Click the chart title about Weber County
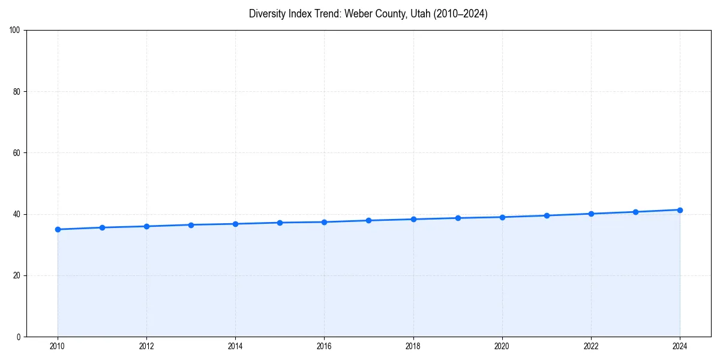tap(368, 14)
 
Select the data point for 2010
tap(58, 229)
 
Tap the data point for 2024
tap(680, 210)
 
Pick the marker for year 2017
tap(368, 220)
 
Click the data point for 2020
tap(502, 217)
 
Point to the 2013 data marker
tap(191, 225)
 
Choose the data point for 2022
tap(591, 214)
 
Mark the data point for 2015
tap(280, 223)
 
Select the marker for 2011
tap(102, 227)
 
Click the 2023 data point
tap(635, 212)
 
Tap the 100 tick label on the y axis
tap(15, 30)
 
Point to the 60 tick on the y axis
tap(17, 153)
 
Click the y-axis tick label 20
tap(17, 275)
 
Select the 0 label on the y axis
tap(19, 337)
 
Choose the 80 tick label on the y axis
tap(17, 92)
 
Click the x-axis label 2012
tap(146, 346)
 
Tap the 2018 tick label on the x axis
tap(413, 346)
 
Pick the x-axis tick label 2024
tap(680, 346)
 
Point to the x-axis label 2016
tap(324, 346)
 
